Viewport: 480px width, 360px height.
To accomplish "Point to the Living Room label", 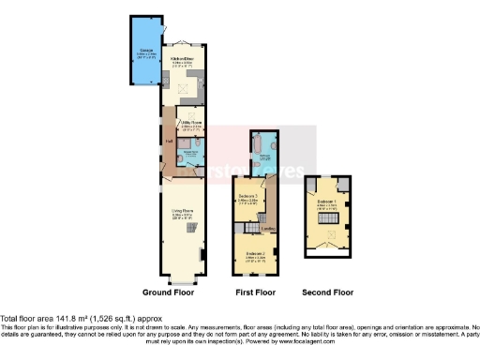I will [x=182, y=213].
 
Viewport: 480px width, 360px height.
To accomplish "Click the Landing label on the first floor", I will [x=266, y=227].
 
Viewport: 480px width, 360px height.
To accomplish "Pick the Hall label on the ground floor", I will [x=169, y=142].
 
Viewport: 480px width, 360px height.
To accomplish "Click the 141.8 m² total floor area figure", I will [x=66, y=317].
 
